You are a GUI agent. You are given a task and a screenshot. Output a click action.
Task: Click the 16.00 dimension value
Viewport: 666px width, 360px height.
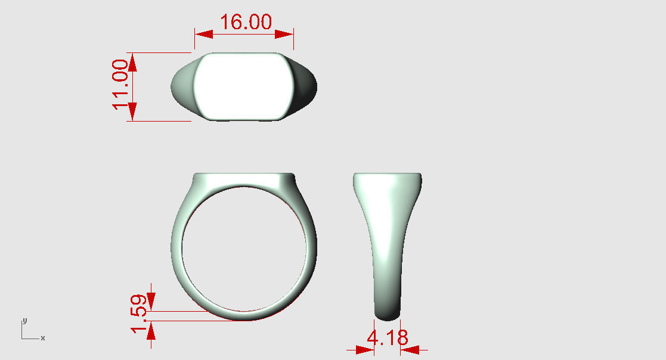[x=246, y=22]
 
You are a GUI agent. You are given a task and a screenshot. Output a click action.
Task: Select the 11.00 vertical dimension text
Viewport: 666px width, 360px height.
[x=121, y=84]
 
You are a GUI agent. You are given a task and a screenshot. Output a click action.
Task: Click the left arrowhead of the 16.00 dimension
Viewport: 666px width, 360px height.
[x=203, y=35]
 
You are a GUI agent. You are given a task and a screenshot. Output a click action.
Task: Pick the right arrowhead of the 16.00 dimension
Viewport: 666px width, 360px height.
[x=284, y=35]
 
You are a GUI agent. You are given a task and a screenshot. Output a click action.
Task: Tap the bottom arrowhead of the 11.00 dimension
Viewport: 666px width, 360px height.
[x=132, y=111]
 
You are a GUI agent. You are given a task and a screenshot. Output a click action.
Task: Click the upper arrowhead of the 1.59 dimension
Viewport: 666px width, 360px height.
[x=151, y=300]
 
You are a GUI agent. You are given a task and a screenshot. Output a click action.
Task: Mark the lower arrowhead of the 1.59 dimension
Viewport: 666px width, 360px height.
[x=151, y=331]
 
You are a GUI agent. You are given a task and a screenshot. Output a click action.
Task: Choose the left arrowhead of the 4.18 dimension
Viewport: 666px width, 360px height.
[x=365, y=350]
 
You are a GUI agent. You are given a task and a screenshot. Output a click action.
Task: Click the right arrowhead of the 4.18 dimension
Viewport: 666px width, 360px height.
[x=410, y=350]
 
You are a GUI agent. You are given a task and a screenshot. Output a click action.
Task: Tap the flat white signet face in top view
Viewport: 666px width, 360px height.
[x=243, y=86]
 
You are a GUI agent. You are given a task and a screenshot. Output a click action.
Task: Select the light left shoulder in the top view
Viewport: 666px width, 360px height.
[x=182, y=86]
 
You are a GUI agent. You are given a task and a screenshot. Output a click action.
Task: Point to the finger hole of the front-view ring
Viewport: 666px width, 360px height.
[x=244, y=248]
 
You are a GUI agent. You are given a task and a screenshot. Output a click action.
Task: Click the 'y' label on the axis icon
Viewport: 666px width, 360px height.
[x=24, y=320]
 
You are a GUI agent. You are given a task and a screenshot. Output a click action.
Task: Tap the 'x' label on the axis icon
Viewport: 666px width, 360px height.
[x=42, y=339]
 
